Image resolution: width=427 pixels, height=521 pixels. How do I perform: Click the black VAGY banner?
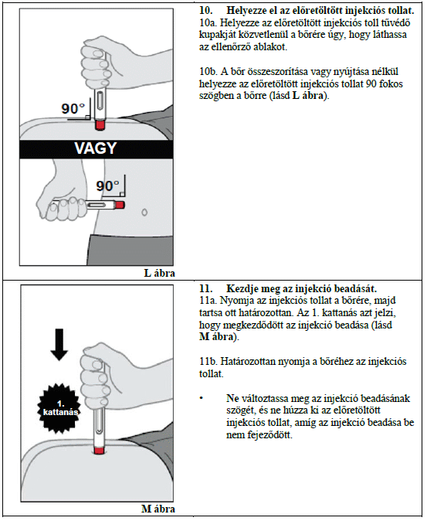pyautogui.click(x=97, y=148)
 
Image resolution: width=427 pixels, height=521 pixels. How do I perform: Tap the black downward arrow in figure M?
pyautogui.click(x=59, y=344)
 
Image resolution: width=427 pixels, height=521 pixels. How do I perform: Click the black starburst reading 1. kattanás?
pyautogui.click(x=60, y=408)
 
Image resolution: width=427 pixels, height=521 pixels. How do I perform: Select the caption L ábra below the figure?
pyautogui.click(x=160, y=273)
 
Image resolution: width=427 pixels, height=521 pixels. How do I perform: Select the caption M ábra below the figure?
pyautogui.click(x=158, y=509)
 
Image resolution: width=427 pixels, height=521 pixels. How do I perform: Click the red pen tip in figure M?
pyautogui.click(x=99, y=451)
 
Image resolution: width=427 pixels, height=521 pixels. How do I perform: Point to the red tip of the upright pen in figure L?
pyautogui.click(x=100, y=125)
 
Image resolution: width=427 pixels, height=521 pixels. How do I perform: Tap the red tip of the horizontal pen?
pyautogui.click(x=120, y=205)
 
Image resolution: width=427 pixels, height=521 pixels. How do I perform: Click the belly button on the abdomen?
pyautogui.click(x=144, y=213)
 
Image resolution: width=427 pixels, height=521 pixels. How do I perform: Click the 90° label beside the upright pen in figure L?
pyautogui.click(x=73, y=108)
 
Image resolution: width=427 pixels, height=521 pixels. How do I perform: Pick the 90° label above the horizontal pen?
pyautogui.click(x=107, y=186)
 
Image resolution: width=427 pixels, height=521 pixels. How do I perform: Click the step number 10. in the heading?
pyautogui.click(x=206, y=10)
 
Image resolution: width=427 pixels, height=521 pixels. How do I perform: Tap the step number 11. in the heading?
pyautogui.click(x=205, y=288)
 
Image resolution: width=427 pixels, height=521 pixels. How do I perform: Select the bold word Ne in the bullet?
pyautogui.click(x=232, y=398)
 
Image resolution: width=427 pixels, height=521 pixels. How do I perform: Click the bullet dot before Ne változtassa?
pyautogui.click(x=202, y=398)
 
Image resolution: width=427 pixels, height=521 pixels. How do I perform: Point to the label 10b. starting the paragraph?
pyautogui.click(x=208, y=71)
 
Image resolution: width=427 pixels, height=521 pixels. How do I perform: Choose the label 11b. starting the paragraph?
pyautogui.click(x=208, y=361)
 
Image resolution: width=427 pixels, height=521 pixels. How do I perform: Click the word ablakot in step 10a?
pyautogui.click(x=270, y=47)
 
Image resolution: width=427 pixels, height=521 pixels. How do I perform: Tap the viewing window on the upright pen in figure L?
pyautogui.click(x=100, y=102)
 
